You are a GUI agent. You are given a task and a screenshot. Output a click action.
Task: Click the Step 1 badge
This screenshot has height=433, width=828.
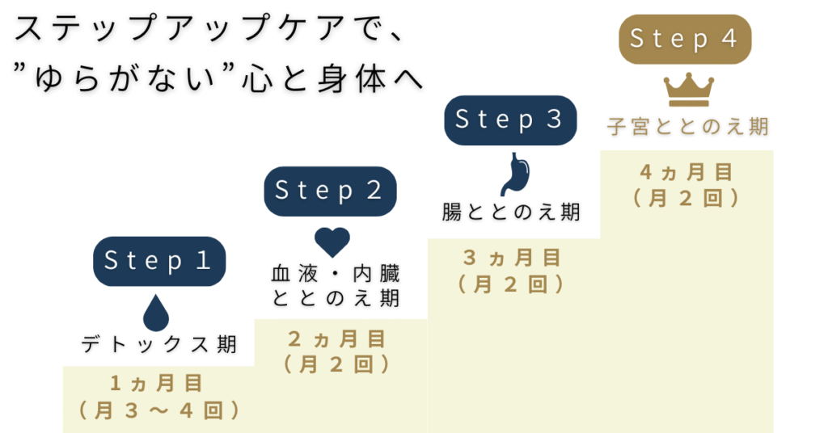coord(158,261)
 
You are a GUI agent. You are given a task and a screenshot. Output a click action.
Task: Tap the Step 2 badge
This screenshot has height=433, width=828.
coord(330,191)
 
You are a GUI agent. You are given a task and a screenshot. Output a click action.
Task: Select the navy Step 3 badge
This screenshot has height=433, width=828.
coord(510,120)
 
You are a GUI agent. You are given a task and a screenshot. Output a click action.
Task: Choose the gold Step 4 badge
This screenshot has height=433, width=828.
coord(684,39)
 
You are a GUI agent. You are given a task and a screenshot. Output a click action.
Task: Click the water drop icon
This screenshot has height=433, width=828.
coord(156,313)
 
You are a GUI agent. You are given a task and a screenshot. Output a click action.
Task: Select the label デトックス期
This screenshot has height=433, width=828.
coord(159,345)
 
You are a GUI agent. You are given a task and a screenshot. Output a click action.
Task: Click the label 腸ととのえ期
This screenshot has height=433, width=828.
coord(511,212)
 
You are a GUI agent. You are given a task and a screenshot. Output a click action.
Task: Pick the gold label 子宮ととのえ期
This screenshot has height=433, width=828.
coord(687,128)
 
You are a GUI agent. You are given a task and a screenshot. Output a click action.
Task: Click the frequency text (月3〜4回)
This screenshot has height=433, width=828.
coord(159,410)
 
